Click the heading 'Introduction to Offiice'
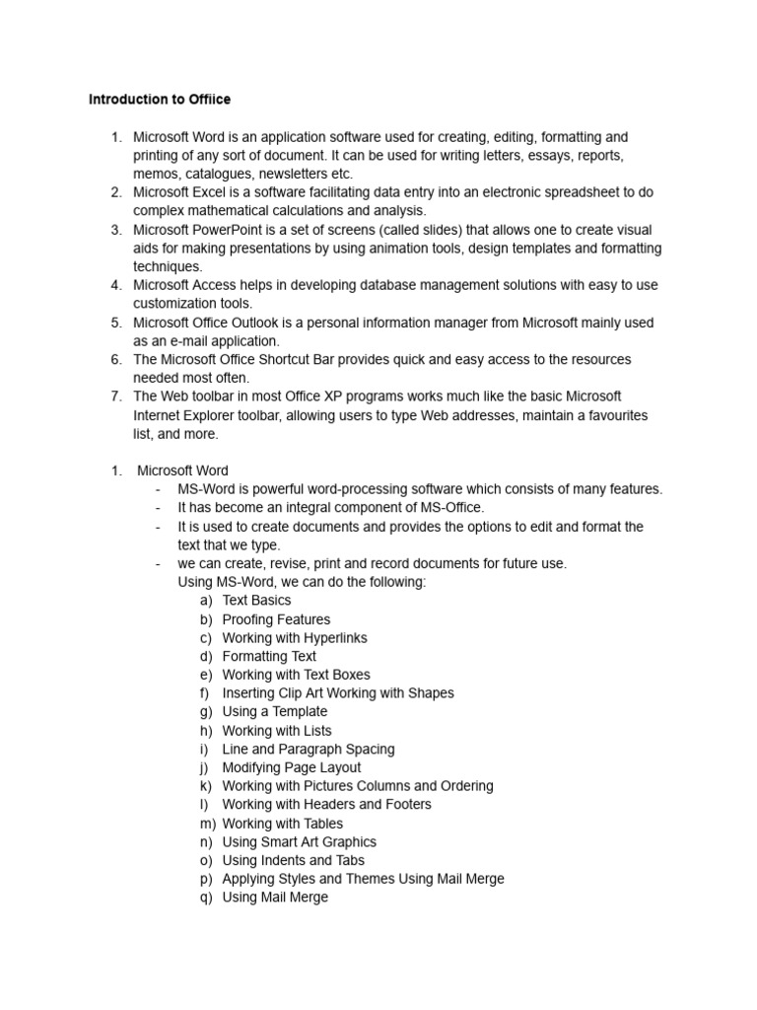(160, 100)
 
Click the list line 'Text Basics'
(256, 601)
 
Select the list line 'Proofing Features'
(276, 619)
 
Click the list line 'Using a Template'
(274, 711)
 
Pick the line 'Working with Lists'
(277, 731)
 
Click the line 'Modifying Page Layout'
(292, 767)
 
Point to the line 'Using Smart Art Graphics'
(299, 842)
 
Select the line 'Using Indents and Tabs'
(293, 860)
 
